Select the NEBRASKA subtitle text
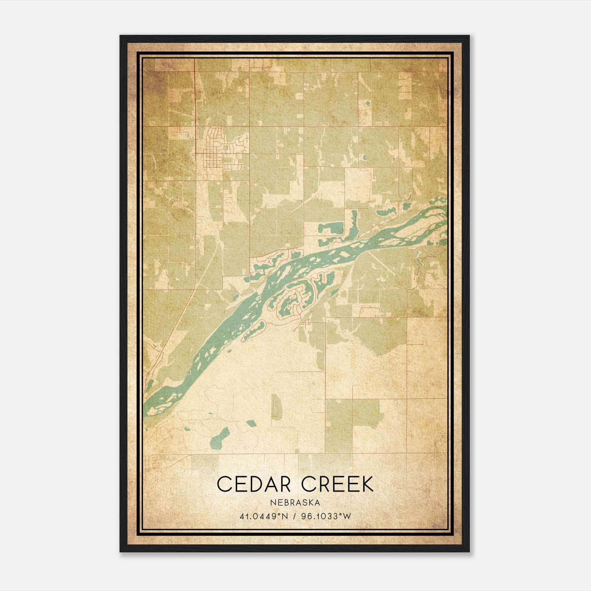295,503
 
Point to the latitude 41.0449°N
263,516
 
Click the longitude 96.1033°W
326,516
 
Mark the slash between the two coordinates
295,516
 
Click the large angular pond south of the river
219,437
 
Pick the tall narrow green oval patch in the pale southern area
276,406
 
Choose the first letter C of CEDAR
224,484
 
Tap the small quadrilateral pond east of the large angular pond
252,424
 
